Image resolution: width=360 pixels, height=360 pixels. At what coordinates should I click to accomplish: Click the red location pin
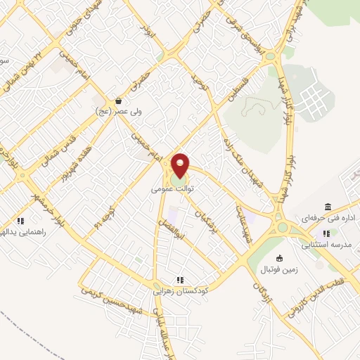(x=181, y=165)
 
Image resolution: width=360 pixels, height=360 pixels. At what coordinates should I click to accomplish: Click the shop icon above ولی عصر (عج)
(x=118, y=101)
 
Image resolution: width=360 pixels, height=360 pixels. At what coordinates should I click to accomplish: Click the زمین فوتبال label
(x=281, y=269)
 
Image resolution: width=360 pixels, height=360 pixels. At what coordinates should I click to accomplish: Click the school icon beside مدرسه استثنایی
(x=326, y=233)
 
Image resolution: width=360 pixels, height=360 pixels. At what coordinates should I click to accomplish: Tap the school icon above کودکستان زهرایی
(x=179, y=278)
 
